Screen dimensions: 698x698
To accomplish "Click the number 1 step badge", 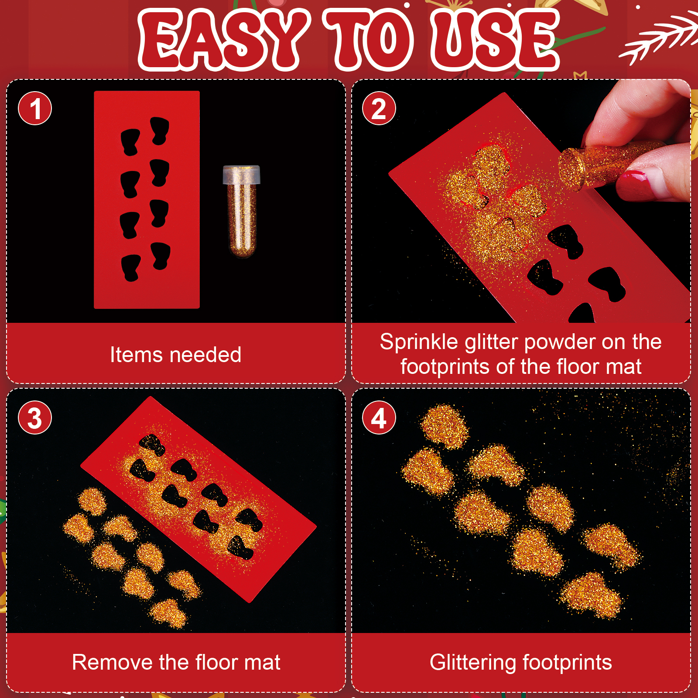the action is [x=35, y=108].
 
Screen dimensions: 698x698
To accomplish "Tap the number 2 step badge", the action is [x=379, y=108].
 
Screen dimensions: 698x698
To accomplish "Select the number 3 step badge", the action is [x=35, y=417].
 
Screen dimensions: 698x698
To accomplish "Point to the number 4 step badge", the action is [x=379, y=417].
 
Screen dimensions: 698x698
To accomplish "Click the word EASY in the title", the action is [x=223, y=40].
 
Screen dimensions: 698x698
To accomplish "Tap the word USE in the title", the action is [x=495, y=40].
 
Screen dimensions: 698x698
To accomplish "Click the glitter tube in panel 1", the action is [x=242, y=211].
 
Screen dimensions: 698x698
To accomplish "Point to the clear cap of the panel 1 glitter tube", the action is [x=242, y=174].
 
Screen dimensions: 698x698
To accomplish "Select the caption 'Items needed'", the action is [x=175, y=355].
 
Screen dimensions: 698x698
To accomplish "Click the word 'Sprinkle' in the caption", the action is [x=418, y=342].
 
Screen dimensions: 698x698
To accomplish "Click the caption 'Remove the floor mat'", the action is [x=176, y=662].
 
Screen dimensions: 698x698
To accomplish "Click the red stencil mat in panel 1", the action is [x=147, y=200].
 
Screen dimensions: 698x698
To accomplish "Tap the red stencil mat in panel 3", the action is [x=198, y=500].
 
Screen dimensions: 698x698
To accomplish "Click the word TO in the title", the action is [x=370, y=40].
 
